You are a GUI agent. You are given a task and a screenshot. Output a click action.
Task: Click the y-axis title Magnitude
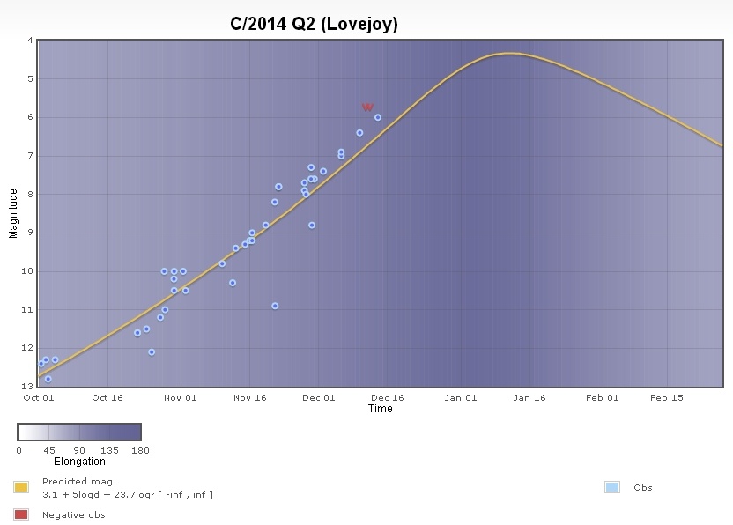[13, 212]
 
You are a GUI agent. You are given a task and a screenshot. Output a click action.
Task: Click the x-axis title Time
[380, 409]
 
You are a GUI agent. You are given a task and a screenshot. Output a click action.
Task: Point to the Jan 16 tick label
[529, 397]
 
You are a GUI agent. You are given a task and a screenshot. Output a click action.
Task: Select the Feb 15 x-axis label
[667, 397]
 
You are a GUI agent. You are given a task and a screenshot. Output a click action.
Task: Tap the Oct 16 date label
[107, 397]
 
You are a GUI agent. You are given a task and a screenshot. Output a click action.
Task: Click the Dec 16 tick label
[388, 397]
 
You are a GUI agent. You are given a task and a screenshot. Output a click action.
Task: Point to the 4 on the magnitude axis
[31, 41]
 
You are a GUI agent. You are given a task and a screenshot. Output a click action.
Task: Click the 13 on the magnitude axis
[28, 386]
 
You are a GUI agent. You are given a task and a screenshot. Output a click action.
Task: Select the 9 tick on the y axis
[31, 233]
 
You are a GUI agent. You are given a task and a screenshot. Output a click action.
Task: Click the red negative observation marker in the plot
[367, 107]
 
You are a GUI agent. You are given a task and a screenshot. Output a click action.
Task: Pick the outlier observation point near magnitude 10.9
[275, 306]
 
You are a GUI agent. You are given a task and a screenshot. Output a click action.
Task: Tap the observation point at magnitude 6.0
[377, 117]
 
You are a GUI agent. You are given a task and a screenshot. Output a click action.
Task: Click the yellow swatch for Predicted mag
[21, 487]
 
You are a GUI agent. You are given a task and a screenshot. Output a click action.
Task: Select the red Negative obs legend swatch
[21, 514]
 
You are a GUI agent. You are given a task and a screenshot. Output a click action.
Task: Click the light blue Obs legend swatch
[612, 487]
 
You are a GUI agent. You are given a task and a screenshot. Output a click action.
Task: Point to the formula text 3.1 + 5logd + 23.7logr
[128, 495]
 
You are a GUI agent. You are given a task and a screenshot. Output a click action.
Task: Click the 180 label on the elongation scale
[140, 451]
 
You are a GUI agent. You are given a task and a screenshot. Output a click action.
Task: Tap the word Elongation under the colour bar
[79, 462]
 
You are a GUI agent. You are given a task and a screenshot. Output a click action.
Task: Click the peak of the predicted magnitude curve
[508, 54]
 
